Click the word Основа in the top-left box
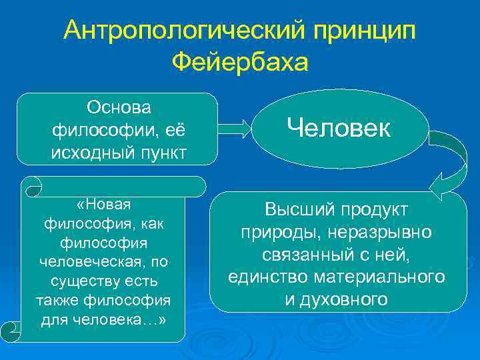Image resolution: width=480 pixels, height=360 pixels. [119, 107]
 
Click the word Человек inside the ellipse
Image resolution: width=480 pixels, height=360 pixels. [339, 129]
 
